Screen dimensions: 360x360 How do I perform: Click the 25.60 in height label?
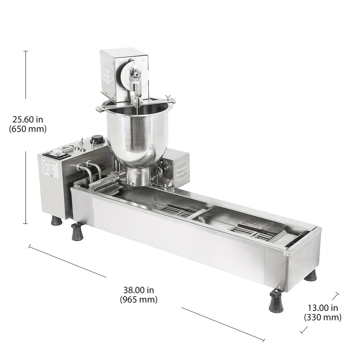(28, 120)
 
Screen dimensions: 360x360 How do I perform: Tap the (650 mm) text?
(28, 129)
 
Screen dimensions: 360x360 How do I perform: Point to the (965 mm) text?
(138, 299)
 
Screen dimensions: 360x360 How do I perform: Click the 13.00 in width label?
(323, 308)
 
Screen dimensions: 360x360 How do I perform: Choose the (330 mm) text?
(323, 317)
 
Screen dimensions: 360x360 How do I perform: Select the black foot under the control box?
(56, 220)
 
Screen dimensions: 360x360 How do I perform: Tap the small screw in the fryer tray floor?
(155, 199)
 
